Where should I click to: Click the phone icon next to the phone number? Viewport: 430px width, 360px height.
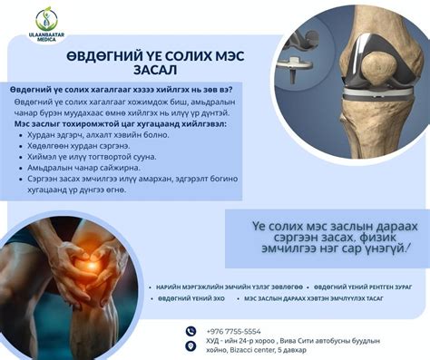click(x=191, y=331)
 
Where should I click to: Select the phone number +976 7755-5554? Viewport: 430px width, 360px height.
click(x=234, y=331)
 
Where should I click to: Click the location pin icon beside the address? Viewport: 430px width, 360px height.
click(x=191, y=345)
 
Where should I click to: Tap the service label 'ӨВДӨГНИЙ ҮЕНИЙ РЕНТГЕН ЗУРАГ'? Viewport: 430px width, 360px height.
click(x=363, y=284)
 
